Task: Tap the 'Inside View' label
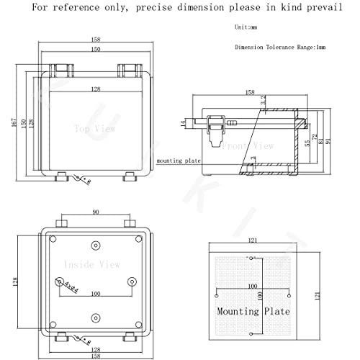pos(87,264)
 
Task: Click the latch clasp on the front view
pos(214,130)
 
